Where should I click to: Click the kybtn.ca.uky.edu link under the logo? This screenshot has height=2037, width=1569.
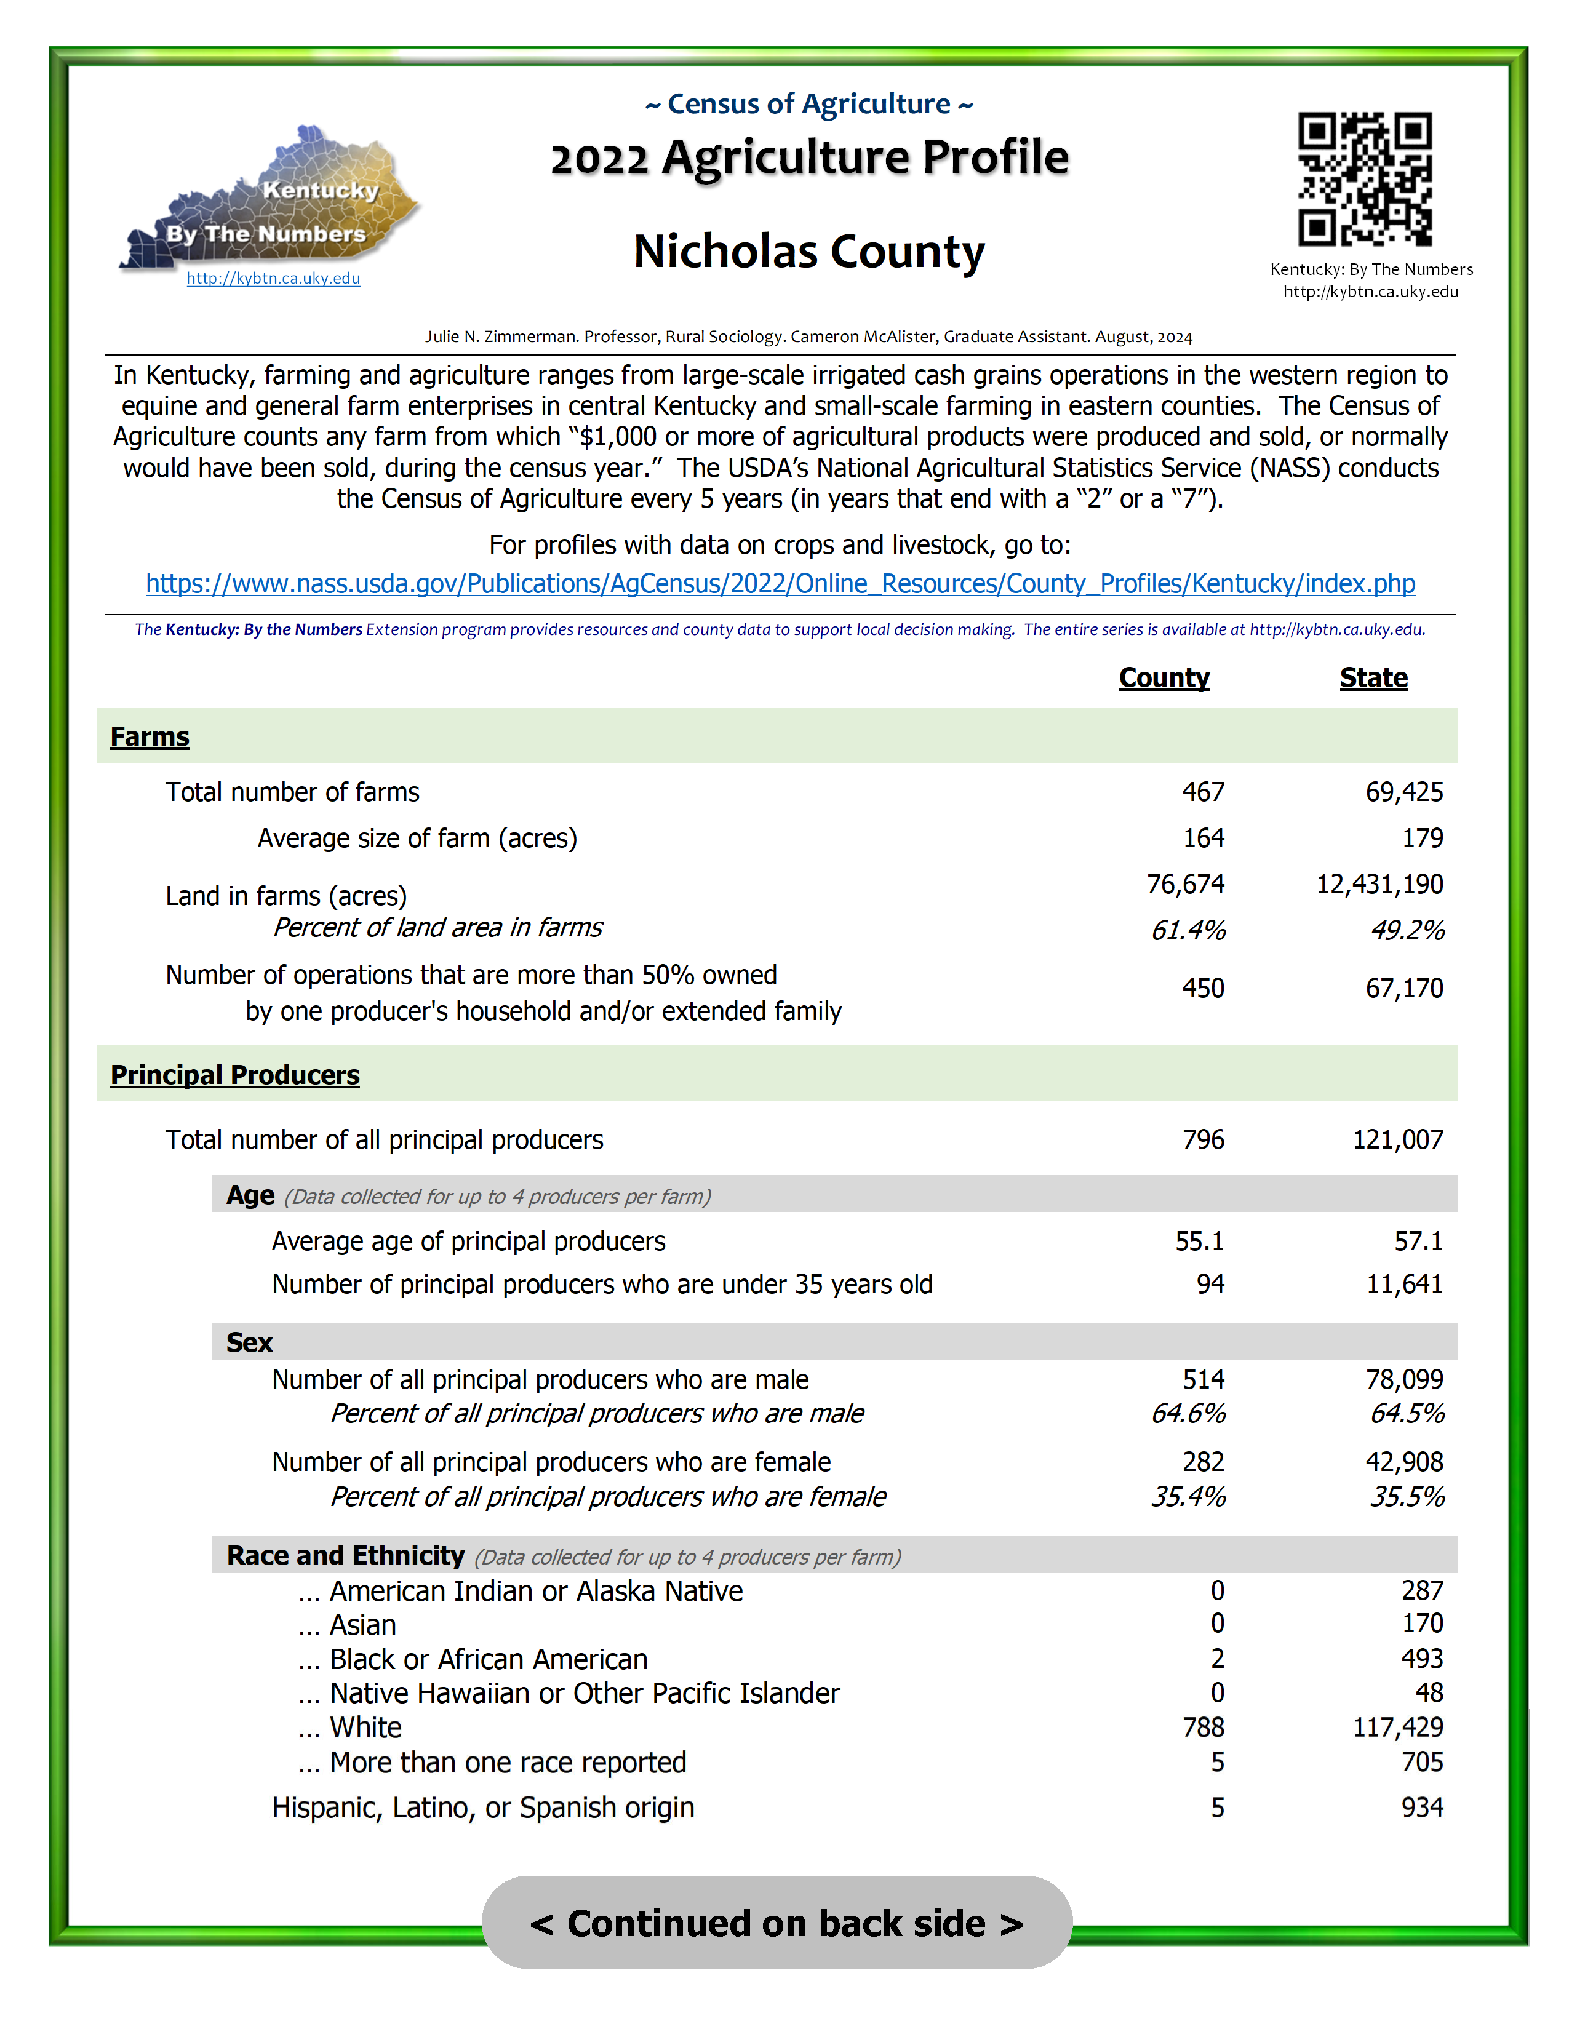click(273, 278)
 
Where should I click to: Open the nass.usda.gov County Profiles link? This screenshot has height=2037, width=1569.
click(780, 584)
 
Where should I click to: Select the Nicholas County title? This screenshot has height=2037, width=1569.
click(808, 252)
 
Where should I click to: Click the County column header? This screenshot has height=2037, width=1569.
click(1164, 678)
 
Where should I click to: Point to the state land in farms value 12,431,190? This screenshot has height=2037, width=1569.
click(1379, 884)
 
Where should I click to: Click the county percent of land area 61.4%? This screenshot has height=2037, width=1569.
click(1188, 930)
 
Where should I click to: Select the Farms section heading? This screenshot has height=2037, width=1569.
click(150, 737)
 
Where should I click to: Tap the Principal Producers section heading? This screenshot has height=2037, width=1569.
click(235, 1075)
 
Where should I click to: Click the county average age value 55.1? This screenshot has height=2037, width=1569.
click(1199, 1242)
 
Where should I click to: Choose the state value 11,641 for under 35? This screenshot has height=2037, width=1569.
click(1404, 1285)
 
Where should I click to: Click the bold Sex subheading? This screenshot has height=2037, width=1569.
click(249, 1342)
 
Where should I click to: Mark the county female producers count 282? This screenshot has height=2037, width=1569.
click(1202, 1462)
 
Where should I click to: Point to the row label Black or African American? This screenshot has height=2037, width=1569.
click(488, 1659)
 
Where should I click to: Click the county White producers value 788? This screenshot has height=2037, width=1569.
click(1202, 1728)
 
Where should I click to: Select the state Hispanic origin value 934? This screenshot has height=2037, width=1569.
click(1421, 1808)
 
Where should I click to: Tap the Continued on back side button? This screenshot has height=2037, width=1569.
click(776, 1923)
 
